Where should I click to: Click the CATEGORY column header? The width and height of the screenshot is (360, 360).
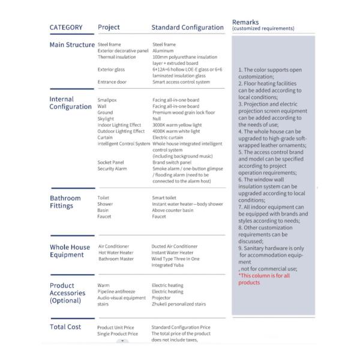[66, 28]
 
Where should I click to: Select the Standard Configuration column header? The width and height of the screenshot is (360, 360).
[187, 28]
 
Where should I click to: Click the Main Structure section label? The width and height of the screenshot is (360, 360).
[72, 45]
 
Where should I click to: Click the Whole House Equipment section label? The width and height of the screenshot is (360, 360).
[70, 251]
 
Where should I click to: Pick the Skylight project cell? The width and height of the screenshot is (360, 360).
[106, 119]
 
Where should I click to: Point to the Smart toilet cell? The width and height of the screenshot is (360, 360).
[166, 197]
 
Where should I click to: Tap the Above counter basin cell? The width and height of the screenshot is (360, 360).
[173, 210]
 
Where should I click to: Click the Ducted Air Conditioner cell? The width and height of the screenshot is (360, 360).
[175, 246]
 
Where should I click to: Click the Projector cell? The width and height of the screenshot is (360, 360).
[162, 298]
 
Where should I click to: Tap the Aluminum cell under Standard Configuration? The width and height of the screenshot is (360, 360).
[163, 51]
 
